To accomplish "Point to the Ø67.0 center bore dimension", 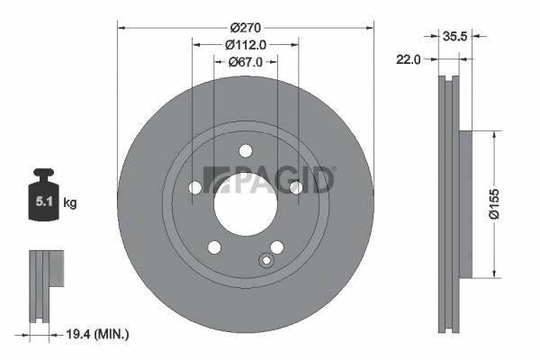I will coord(245,62).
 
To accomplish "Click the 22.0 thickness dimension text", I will coord(411,59).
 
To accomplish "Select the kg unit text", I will coord(69,203).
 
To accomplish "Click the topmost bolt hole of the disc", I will coord(245,150).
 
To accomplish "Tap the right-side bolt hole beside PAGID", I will coord(294,186).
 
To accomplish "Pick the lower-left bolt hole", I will coord(214,247).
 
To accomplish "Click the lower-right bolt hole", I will coord(276,246).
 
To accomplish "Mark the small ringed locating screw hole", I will coord(265,261).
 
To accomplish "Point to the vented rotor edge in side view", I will coord(446,205).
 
